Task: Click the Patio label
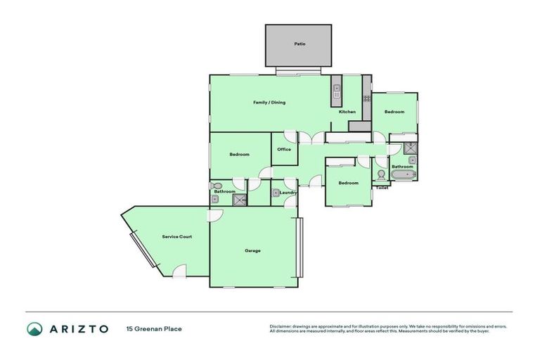(x=300, y=44)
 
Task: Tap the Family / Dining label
(x=269, y=103)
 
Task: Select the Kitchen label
(x=347, y=112)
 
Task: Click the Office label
(x=284, y=149)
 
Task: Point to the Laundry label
(x=288, y=192)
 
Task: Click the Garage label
(x=252, y=251)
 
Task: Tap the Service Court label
(x=176, y=237)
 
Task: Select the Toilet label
(x=382, y=188)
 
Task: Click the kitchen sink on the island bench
(x=336, y=91)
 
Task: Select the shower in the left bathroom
(x=240, y=200)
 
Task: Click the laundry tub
(x=276, y=193)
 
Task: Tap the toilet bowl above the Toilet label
(x=381, y=175)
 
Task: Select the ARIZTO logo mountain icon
(x=34, y=328)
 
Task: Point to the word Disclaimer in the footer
(x=281, y=326)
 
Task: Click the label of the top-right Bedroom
(x=394, y=112)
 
